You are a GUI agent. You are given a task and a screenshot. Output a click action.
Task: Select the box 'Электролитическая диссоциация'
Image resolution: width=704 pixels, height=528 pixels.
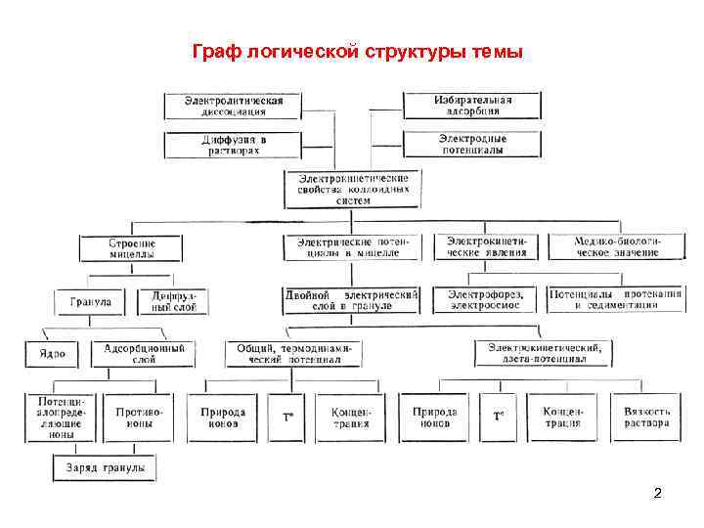point(233,106)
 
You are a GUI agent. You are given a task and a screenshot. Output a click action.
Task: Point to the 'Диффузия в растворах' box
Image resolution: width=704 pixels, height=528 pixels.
point(233,145)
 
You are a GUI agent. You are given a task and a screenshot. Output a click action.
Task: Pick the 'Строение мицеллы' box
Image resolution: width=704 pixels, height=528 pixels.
point(131,247)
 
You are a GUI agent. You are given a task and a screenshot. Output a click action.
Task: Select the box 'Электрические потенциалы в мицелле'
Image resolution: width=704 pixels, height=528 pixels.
point(352,246)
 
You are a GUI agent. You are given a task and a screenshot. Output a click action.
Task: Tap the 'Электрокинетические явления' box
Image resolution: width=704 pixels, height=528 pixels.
point(486,245)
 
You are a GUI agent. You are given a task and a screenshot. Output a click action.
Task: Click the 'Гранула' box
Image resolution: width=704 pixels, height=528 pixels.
point(90,302)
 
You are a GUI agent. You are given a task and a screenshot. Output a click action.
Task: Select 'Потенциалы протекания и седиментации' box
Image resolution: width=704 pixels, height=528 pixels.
point(615,299)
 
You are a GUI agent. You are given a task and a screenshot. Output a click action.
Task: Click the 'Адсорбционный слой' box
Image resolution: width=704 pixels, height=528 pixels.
point(144,353)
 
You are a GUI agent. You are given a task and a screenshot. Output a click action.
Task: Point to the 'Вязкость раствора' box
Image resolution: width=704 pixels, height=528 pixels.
point(646,418)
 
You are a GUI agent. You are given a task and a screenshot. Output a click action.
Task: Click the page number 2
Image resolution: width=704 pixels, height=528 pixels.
point(657,493)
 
